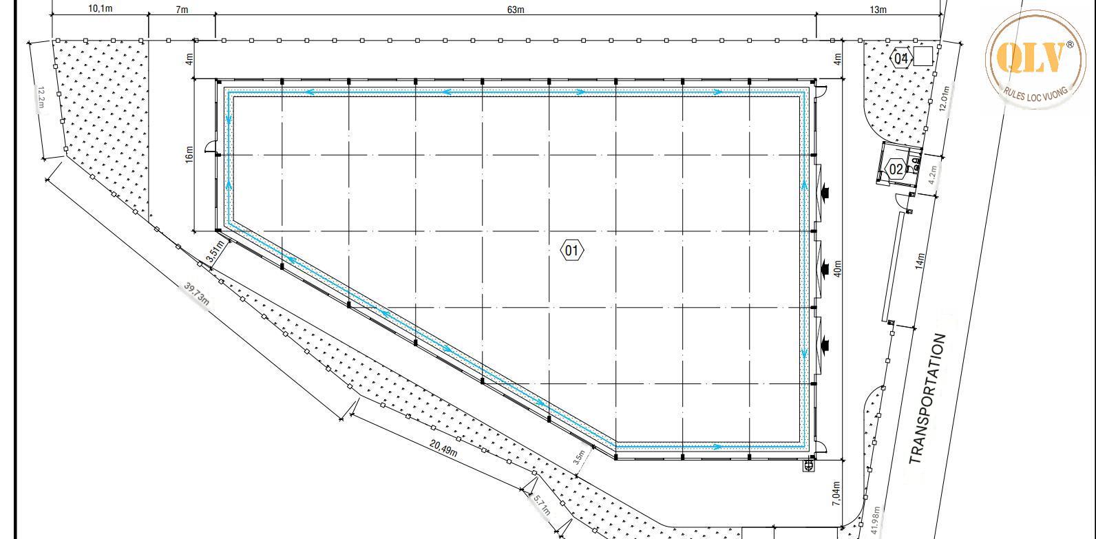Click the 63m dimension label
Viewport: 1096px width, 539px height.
[516, 10]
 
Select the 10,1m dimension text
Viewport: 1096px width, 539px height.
[100, 8]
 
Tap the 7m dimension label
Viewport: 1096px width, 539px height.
[182, 10]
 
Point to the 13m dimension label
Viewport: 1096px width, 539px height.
[878, 10]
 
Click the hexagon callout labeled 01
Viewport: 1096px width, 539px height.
[571, 251]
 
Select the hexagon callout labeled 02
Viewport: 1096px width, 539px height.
[896, 169]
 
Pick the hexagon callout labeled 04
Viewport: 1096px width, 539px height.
[900, 59]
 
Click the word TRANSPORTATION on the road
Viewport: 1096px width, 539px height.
[928, 399]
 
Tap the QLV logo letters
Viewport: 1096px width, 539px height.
[1031, 57]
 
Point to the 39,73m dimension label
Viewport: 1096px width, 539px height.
[197, 294]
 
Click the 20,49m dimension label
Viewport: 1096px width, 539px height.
[444, 448]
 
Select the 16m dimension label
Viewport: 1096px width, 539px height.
[189, 155]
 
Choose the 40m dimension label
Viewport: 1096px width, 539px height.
[837, 268]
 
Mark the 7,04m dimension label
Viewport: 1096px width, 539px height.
[836, 494]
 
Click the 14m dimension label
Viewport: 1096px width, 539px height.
[920, 261]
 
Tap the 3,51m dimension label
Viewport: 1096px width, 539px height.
[215, 251]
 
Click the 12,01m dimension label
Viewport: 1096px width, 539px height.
[945, 99]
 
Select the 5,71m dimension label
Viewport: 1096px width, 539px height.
[542, 505]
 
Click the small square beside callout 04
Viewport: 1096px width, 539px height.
[923, 56]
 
